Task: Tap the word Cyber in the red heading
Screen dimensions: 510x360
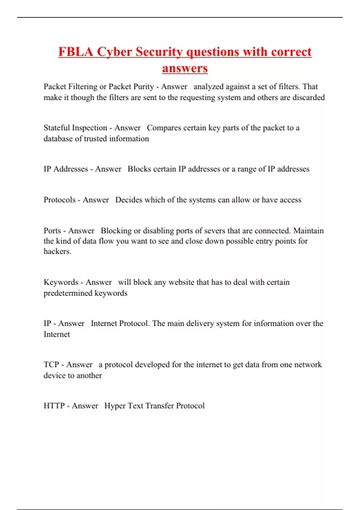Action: tap(114, 52)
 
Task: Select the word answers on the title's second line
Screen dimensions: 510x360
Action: tap(185, 68)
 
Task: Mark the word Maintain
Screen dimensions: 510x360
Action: tap(308, 231)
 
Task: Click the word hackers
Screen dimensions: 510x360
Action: tap(57, 251)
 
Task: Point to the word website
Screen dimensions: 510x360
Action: tap(181, 282)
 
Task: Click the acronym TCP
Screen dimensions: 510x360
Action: tap(51, 364)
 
